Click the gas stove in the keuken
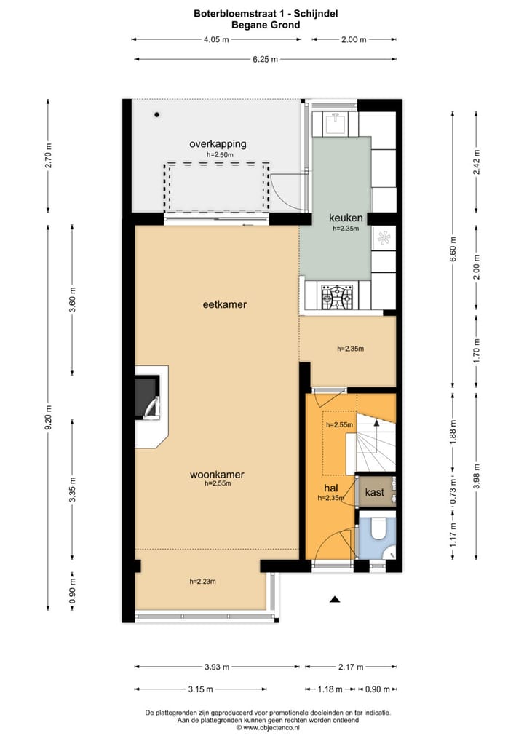click(337, 296)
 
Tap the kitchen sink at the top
click(336, 122)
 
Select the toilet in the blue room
click(378, 529)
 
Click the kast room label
click(375, 493)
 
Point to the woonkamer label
click(217, 475)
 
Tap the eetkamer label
click(224, 304)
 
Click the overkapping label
click(218, 144)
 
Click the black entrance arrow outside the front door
click(335, 599)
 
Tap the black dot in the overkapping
click(157, 114)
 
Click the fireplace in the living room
click(148, 397)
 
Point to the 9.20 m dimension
click(48, 418)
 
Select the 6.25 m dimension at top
click(265, 59)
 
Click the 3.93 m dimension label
click(217, 667)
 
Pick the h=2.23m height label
click(203, 582)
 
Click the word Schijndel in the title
click(316, 14)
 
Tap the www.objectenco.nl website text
click(271, 728)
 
